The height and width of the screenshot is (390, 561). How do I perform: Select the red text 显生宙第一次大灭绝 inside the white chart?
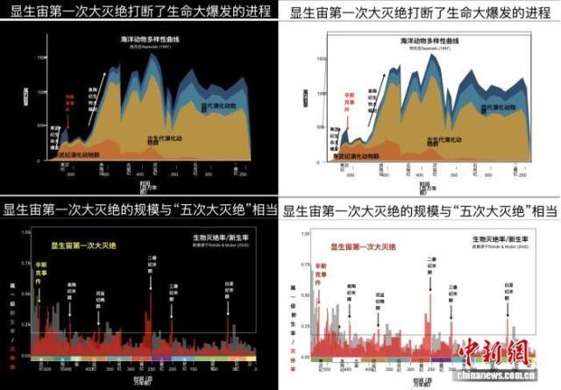[x=369, y=246]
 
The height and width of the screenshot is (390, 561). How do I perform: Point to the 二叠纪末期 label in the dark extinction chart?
[x=150, y=264]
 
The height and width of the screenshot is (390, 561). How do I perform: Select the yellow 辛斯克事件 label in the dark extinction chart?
[x=39, y=268]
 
